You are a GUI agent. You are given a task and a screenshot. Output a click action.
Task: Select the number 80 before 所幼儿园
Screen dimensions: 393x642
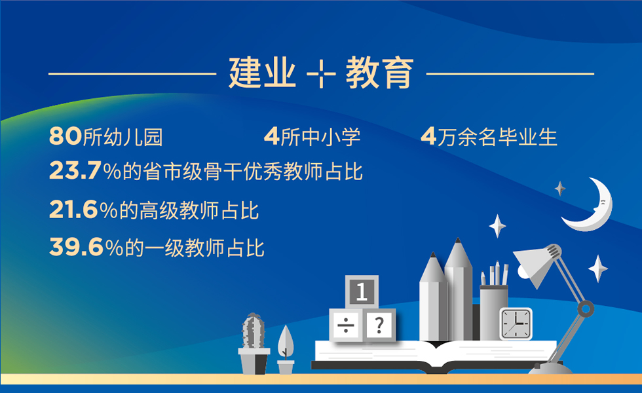pyautogui.click(x=65, y=137)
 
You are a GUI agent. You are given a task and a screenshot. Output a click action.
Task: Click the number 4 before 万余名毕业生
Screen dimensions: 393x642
pyautogui.click(x=428, y=137)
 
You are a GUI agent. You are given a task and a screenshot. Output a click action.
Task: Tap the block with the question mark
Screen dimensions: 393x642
pyautogui.click(x=379, y=325)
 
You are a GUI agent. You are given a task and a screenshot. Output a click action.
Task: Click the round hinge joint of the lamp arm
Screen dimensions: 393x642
pyautogui.click(x=585, y=309)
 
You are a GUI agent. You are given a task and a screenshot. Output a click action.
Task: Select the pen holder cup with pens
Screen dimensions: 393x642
pyautogui.click(x=494, y=308)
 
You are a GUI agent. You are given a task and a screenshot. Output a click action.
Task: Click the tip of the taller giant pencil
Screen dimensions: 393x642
pyautogui.click(x=459, y=246)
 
